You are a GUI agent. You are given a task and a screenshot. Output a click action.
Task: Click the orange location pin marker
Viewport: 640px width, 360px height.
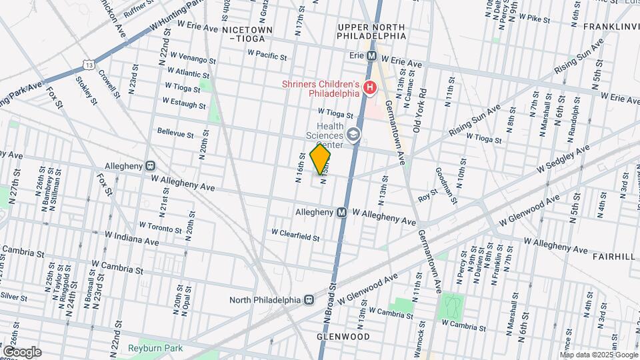321,159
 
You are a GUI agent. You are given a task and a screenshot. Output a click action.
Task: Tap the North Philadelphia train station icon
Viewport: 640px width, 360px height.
308,299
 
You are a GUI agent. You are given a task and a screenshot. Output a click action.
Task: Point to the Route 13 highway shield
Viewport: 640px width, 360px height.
89,63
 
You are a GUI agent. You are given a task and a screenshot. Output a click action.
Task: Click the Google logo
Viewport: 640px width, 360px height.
22,352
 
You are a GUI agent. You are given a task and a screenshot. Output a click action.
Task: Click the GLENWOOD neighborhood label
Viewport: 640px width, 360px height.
343,337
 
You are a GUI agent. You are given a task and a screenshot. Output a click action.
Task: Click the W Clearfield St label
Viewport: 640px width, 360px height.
295,235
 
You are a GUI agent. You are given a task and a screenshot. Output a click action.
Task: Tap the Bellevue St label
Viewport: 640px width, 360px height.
175,132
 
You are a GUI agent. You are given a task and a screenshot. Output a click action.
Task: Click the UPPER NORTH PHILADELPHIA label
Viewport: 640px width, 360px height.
371,31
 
